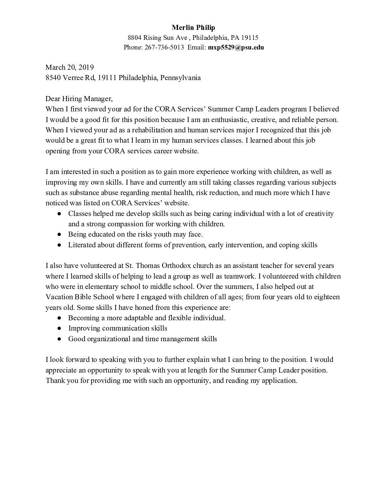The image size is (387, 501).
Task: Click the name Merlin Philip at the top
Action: pos(193,27)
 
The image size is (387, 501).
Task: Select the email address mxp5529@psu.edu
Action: pos(236,47)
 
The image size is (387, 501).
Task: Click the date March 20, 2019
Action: pos(69,67)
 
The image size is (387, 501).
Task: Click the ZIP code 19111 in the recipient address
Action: pos(107,78)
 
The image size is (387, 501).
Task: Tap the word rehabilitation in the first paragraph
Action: pos(131,130)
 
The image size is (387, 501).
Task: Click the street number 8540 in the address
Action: pos(53,78)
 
